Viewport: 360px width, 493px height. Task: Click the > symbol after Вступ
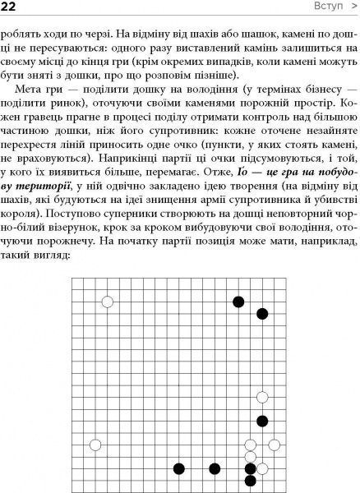coord(351,7)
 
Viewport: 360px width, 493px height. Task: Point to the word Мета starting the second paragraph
coord(34,109)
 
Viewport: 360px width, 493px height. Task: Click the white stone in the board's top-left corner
coord(108,302)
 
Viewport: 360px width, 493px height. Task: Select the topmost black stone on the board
coord(239,302)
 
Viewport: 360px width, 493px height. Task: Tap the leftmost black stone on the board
coord(179,469)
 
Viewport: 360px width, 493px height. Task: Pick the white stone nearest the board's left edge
coord(95,445)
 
